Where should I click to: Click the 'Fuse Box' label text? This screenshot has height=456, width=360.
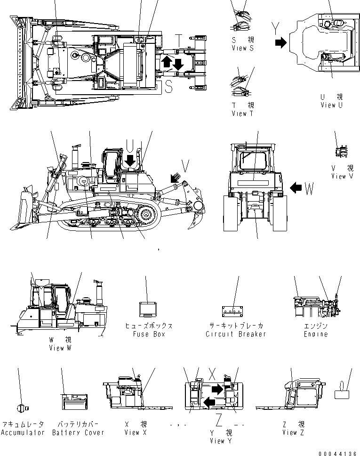(x=149, y=334)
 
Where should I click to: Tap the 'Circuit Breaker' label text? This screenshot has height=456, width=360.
(x=236, y=334)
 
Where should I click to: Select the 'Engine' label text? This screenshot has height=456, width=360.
(x=315, y=334)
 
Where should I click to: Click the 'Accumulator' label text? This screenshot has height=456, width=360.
(x=23, y=432)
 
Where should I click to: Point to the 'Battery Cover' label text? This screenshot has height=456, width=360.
(x=78, y=432)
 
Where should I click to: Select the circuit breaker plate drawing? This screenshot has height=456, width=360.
(x=232, y=311)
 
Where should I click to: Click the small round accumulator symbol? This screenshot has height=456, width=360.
(x=21, y=407)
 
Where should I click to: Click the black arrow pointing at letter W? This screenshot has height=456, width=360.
(x=296, y=188)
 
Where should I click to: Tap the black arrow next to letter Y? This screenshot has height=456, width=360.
(x=280, y=43)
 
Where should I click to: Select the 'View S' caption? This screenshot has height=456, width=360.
(x=242, y=49)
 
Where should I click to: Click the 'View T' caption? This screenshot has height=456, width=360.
(x=242, y=114)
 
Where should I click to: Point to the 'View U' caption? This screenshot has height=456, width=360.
(x=331, y=105)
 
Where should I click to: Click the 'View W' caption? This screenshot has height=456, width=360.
(x=60, y=348)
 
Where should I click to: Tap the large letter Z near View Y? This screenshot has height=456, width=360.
(x=219, y=418)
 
